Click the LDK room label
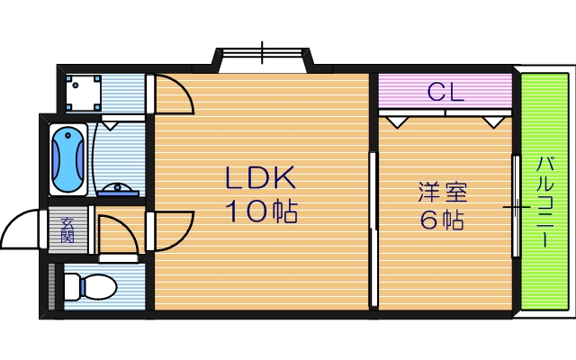(x=260, y=178)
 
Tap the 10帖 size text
(x=261, y=211)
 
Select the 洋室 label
(x=443, y=192)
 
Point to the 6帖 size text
(x=442, y=220)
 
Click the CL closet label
(x=445, y=92)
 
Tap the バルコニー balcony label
(x=544, y=202)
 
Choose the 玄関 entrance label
(x=67, y=230)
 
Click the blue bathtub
(x=68, y=159)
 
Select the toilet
(x=90, y=286)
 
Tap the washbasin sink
(x=118, y=190)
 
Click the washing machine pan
(x=84, y=93)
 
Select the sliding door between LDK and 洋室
(x=373, y=229)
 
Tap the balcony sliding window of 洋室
(x=516, y=206)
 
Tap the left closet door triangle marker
(x=397, y=122)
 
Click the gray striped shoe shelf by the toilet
(x=52, y=286)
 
